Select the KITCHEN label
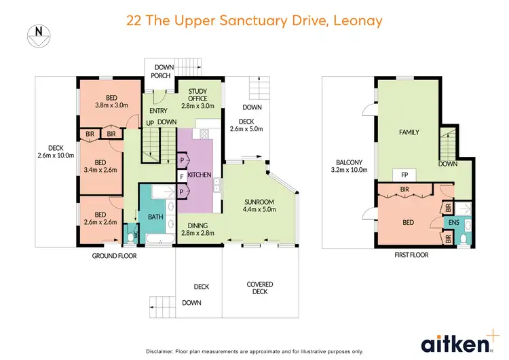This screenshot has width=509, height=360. point(200,175)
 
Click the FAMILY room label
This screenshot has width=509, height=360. point(409,132)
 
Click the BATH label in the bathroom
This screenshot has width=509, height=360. point(156,217)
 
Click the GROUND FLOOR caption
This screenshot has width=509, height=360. point(115,256)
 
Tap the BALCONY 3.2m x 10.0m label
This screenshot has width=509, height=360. point(347,166)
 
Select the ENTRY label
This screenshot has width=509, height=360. point(158,110)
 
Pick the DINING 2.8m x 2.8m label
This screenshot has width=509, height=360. point(197,230)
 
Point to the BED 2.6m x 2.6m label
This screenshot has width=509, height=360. point(100,217)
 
